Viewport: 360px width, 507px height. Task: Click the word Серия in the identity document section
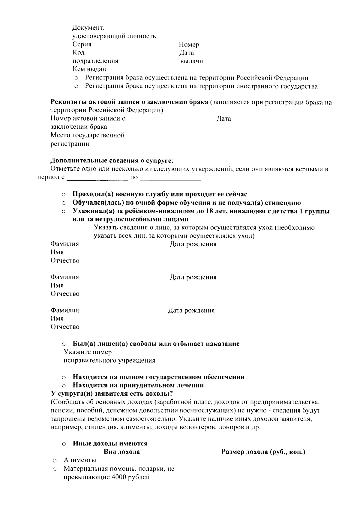click(x=82, y=44)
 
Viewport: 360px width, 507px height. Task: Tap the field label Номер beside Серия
click(x=189, y=45)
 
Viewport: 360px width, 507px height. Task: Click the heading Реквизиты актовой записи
click(x=129, y=102)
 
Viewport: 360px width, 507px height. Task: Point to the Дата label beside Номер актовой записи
click(x=224, y=119)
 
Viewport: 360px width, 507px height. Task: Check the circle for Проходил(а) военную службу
click(x=64, y=194)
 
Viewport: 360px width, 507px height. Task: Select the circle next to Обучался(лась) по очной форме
click(x=64, y=203)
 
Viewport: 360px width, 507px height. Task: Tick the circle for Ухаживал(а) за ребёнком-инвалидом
click(x=64, y=211)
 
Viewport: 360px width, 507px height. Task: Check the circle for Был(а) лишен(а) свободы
click(x=64, y=344)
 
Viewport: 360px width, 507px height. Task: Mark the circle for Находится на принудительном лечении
click(x=64, y=385)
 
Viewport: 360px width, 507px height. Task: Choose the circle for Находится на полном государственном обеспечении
click(x=64, y=377)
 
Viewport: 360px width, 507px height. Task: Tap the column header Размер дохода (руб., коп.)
click(x=263, y=452)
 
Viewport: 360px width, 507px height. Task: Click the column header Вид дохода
click(x=121, y=452)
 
